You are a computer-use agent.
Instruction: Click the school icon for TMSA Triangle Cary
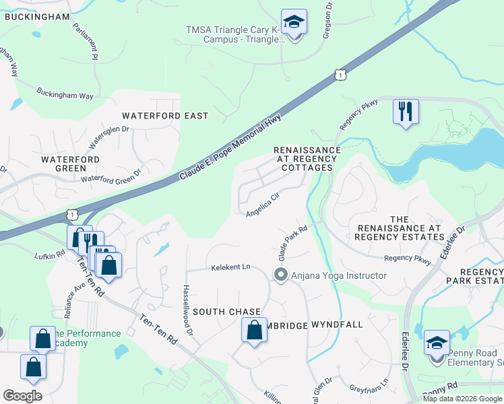click(294, 24)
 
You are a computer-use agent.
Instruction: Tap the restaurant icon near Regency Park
click(406, 112)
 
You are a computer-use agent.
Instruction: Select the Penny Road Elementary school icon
click(437, 344)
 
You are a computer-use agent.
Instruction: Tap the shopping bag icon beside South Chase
click(254, 331)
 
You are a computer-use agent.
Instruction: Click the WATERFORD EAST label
click(165, 116)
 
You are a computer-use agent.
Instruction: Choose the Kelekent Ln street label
click(230, 267)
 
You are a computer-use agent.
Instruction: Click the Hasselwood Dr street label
click(187, 310)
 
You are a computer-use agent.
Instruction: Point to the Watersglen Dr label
click(109, 137)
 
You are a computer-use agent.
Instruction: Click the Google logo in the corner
click(22, 395)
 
